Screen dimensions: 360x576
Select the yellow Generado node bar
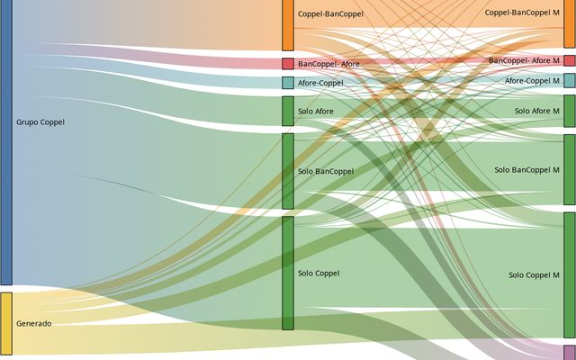(5, 323)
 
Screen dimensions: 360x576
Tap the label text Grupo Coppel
(40, 122)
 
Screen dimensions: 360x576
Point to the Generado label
(34, 323)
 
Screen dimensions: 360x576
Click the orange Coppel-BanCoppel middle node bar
(288, 24)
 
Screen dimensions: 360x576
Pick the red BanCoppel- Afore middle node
(288, 64)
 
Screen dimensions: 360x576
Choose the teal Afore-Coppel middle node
(288, 83)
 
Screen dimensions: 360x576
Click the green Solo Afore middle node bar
(288, 111)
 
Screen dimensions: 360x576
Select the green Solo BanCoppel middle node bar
(288, 171)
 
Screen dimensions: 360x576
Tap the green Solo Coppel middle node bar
(288, 273)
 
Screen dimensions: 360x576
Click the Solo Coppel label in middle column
(319, 273)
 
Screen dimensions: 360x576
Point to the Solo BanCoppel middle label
(326, 171)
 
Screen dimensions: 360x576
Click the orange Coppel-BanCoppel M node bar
(570, 23)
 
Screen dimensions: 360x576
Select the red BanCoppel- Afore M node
(570, 60)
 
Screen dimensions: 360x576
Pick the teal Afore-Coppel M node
(570, 81)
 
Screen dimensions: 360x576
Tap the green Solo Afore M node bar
(570, 111)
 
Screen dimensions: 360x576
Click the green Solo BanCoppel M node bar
(570, 170)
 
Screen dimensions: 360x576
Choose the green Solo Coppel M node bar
(570, 274)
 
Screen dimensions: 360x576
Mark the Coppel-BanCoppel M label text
(522, 13)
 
